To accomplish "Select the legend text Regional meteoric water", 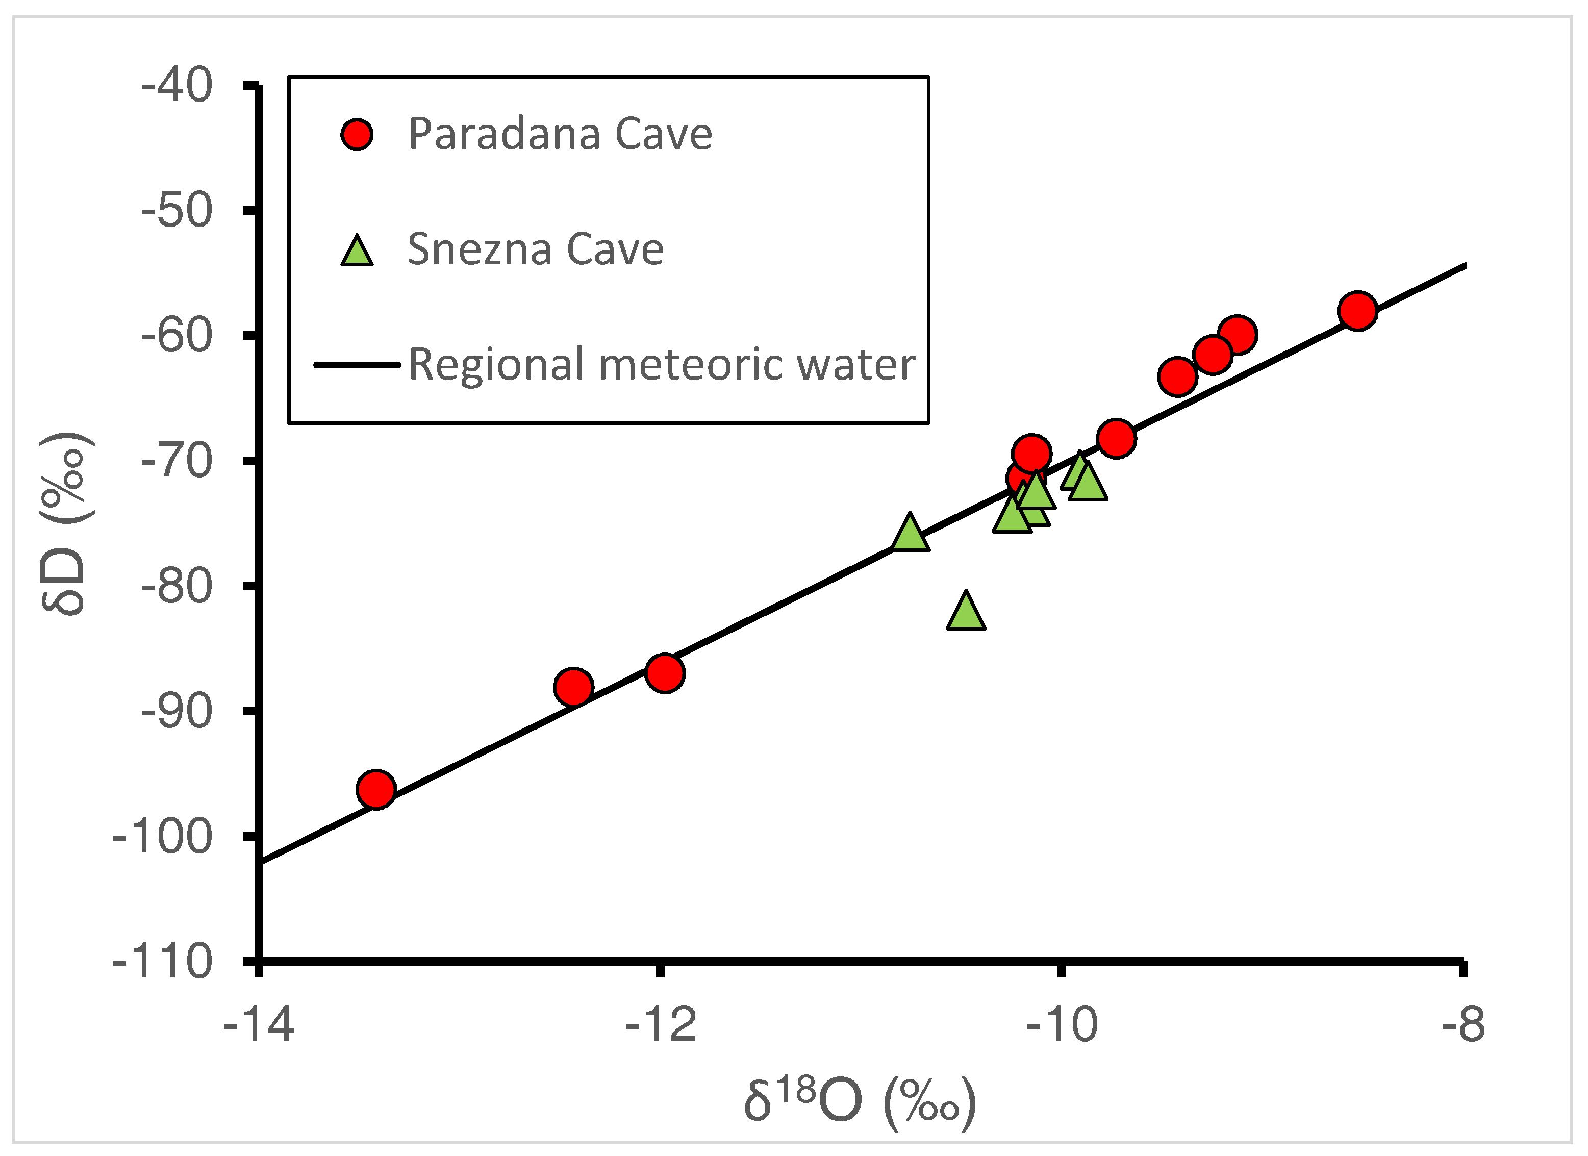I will coord(661,365).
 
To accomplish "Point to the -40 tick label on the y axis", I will coord(177,86).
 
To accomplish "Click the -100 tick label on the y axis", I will coord(162,836).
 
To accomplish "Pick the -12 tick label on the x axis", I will coord(660,1025).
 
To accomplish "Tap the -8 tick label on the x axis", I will coord(1463,1025).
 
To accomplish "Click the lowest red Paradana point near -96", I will coord(376,790).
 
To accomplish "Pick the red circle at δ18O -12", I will coord(665,673).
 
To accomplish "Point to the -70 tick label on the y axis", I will coord(177,461).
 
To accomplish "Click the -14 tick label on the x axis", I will coord(258,1025).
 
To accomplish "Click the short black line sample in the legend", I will coord(357,365).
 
